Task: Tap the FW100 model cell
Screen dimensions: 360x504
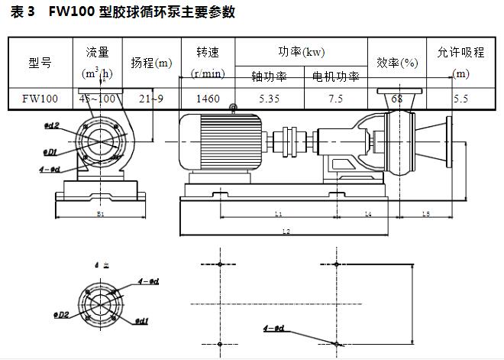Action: [40, 99]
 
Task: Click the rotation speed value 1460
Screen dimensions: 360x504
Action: [208, 99]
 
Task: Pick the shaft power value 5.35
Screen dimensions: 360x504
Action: [269, 99]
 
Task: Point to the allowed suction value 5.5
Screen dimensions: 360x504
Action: [460, 99]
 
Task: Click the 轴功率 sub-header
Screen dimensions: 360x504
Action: [269, 76]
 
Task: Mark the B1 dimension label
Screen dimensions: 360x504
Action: [101, 215]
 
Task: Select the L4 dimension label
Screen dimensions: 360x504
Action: [368, 215]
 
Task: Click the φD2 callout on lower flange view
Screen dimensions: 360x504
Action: [63, 314]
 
